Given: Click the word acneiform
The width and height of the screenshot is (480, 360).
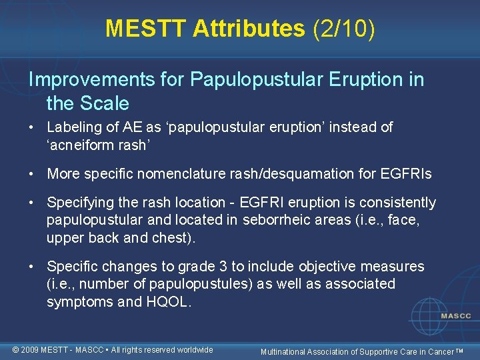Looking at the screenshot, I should [x=82, y=145].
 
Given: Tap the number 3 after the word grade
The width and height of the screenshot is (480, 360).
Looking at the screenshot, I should [x=223, y=266].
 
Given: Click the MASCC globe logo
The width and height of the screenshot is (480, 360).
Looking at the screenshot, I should [x=437, y=314].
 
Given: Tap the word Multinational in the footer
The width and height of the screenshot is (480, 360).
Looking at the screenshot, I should [x=286, y=351].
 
